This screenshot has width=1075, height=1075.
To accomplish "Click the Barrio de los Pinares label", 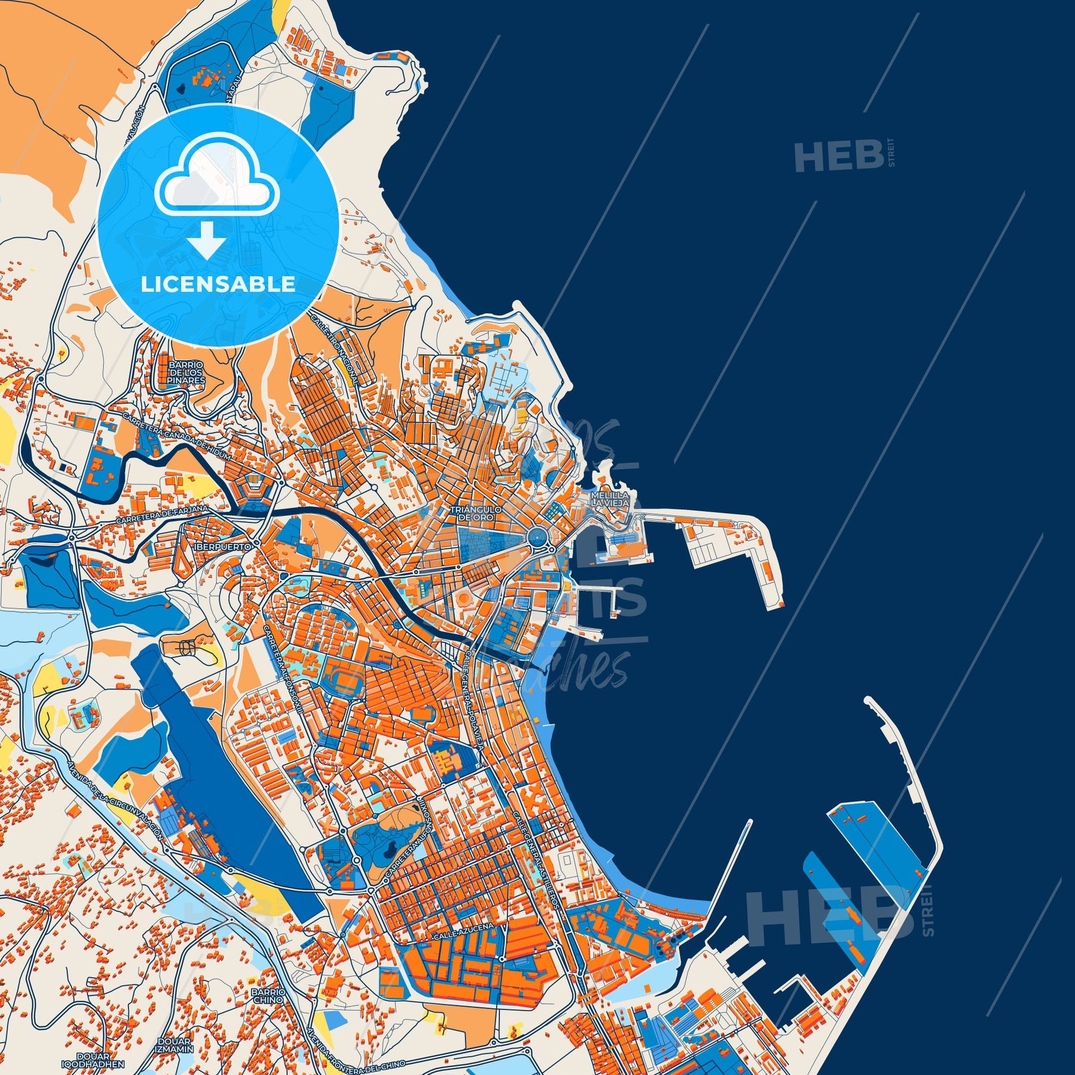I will pyautogui.click(x=185, y=372).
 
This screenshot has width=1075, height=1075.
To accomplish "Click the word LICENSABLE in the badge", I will pyautogui.click(x=218, y=284).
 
